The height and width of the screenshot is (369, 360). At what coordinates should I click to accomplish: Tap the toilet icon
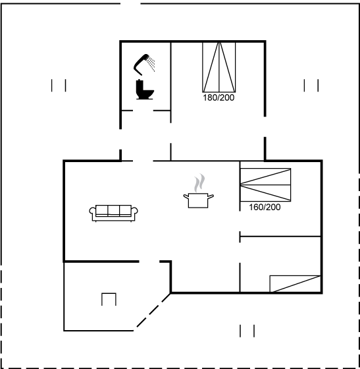click(x=144, y=90)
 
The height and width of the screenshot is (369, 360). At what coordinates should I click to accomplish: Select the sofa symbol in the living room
click(x=113, y=213)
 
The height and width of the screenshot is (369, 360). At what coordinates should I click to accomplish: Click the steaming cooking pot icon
click(x=199, y=191)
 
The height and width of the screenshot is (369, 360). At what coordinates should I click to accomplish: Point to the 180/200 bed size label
click(x=219, y=98)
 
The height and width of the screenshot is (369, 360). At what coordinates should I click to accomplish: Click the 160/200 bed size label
click(x=265, y=207)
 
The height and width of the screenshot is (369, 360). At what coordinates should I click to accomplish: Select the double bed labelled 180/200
click(x=219, y=67)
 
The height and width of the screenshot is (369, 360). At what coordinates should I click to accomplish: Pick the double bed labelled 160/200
click(x=265, y=184)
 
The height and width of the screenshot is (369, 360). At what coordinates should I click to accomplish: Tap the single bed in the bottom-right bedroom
click(x=295, y=284)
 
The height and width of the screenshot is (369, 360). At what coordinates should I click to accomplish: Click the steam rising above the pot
click(x=199, y=183)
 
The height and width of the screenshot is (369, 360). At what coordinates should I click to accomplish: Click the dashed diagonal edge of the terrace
click(x=153, y=310)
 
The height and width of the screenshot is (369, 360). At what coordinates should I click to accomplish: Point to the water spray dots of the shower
click(x=151, y=63)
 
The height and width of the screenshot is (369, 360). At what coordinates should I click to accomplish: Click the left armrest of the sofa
click(x=92, y=212)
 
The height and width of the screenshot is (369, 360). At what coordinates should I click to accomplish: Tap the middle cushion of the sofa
click(x=114, y=210)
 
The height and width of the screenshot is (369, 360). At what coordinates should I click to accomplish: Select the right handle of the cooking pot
click(x=211, y=196)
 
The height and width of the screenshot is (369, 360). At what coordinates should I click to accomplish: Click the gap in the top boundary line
click(x=131, y=3)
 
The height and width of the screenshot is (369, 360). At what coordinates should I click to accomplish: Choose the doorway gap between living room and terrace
click(x=149, y=262)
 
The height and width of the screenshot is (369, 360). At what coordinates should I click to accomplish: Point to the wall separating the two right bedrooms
click(x=280, y=236)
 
